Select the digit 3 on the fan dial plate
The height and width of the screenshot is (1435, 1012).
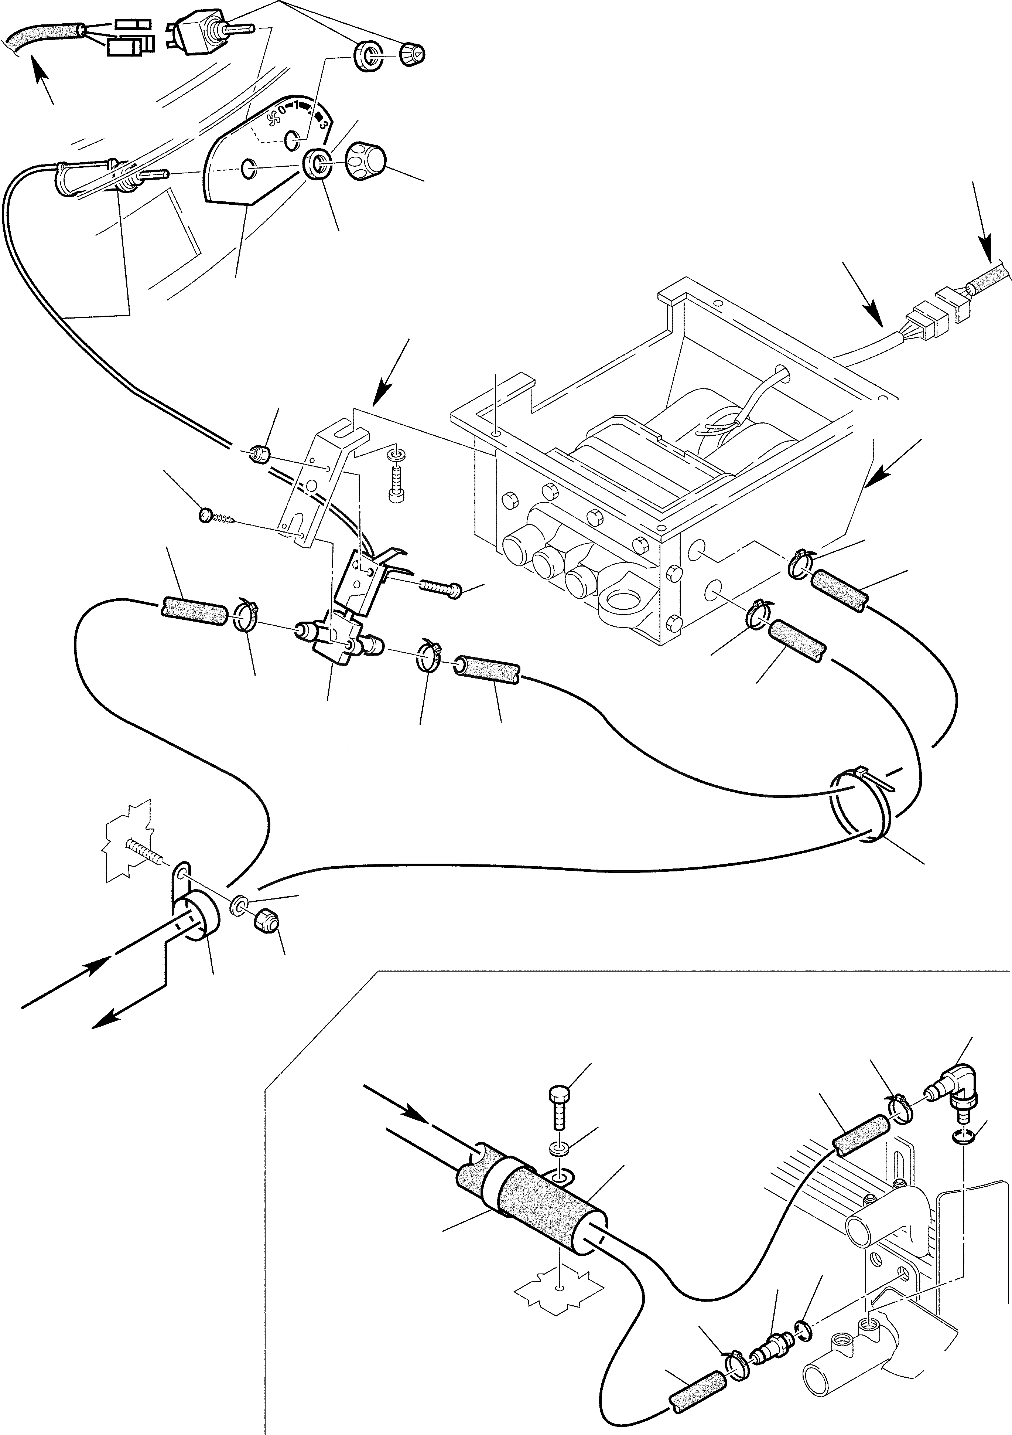[x=323, y=125]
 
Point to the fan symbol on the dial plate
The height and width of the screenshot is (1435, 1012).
[x=272, y=117]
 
